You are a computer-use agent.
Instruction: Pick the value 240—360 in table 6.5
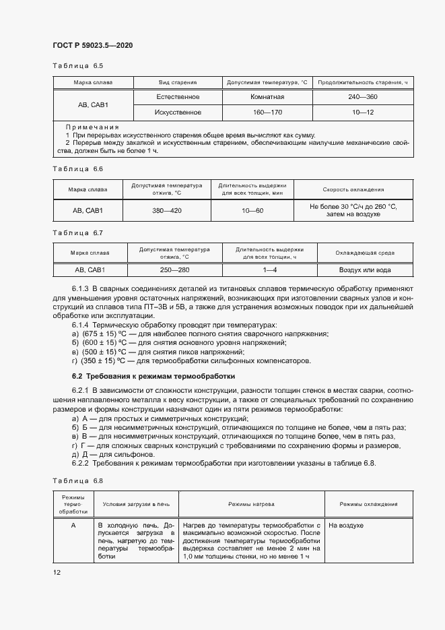click(x=363, y=97)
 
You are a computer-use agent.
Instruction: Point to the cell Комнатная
click(x=267, y=97)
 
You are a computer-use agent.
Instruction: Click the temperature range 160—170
click(x=267, y=112)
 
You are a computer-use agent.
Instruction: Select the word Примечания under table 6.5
click(x=92, y=127)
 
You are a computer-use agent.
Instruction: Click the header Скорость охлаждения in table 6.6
click(x=353, y=190)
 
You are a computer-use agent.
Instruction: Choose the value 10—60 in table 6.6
click(x=252, y=210)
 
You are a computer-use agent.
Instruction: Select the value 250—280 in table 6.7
click(x=174, y=270)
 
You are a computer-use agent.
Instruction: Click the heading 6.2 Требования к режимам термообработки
click(x=153, y=375)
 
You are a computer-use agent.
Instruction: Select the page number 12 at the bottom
click(x=57, y=572)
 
